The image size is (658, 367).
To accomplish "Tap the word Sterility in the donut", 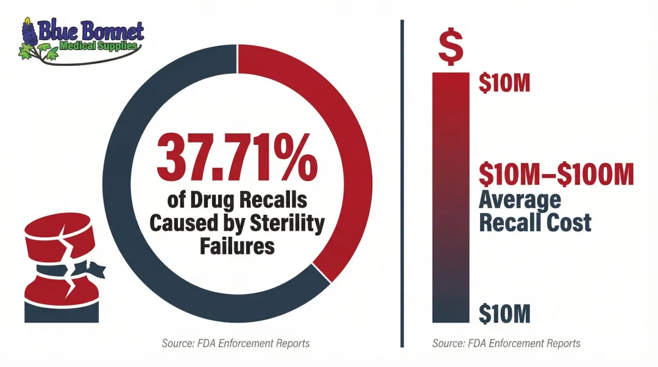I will [x=286, y=223].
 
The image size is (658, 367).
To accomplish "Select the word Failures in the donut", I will [x=237, y=246].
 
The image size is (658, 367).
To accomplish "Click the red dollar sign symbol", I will [x=450, y=48].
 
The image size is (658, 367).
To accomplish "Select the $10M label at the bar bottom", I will [x=504, y=313].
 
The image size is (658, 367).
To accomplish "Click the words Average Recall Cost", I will [x=534, y=211].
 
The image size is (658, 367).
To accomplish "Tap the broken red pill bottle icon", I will [x=58, y=271].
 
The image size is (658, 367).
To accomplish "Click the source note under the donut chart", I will [x=236, y=343].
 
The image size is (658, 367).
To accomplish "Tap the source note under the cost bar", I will [x=506, y=343].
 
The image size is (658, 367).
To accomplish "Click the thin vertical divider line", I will [x=402, y=183].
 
